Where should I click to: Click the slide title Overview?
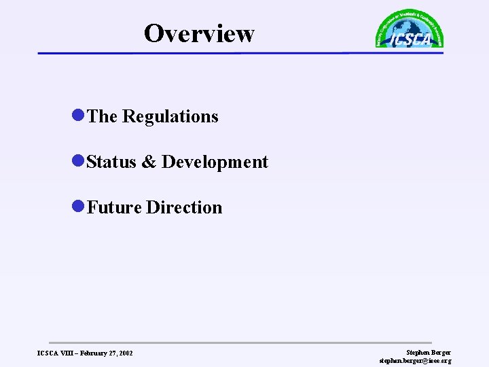click(199, 33)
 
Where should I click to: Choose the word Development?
click(215, 162)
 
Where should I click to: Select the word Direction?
click(184, 207)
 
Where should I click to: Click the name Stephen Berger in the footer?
click(428, 352)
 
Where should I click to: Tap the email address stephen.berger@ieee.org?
click(415, 360)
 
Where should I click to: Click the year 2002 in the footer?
click(126, 353)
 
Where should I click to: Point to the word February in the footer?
click(89, 353)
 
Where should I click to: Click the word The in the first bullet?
click(103, 117)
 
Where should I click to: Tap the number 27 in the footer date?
click(111, 353)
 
